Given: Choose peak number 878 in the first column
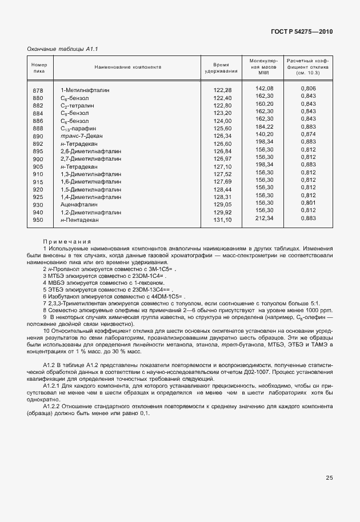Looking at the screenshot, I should pyautogui.click(x=38, y=91).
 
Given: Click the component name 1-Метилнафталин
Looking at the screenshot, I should pyautogui.click(x=85, y=91).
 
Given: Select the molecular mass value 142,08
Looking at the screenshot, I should pyautogui.click(x=265, y=89).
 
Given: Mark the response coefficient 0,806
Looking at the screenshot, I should pyautogui.click(x=308, y=89).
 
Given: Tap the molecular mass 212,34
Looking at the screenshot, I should pyautogui.click(x=265, y=218).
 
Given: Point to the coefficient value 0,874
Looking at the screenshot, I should pyautogui.click(x=308, y=133).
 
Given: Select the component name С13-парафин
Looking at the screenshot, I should pyautogui.click(x=78, y=129).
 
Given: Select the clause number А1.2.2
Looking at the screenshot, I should pyautogui.click(x=55, y=406).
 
